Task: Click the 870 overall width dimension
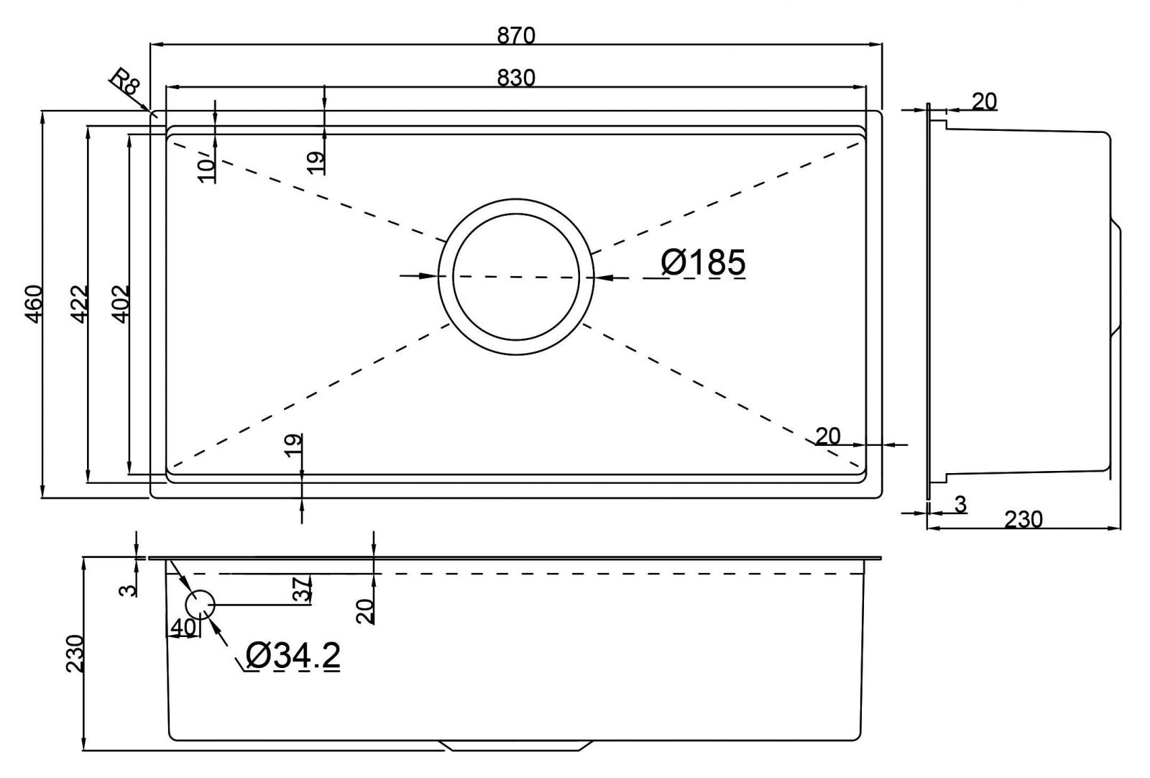tap(515, 35)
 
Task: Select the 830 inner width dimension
tap(515, 77)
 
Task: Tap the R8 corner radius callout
tap(125, 81)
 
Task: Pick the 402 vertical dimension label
tap(121, 303)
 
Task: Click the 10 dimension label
tap(207, 168)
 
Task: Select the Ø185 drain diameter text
tap(703, 262)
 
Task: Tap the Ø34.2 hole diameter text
tap(293, 656)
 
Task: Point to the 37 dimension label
tap(304, 589)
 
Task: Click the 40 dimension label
tap(183, 627)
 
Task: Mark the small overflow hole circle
tap(201, 605)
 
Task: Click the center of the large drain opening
tap(515, 276)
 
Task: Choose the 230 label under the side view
tap(1023, 518)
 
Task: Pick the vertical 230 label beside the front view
tap(75, 653)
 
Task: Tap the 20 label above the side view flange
tap(985, 101)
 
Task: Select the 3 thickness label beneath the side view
tap(960, 505)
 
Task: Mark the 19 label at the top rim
tap(316, 162)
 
